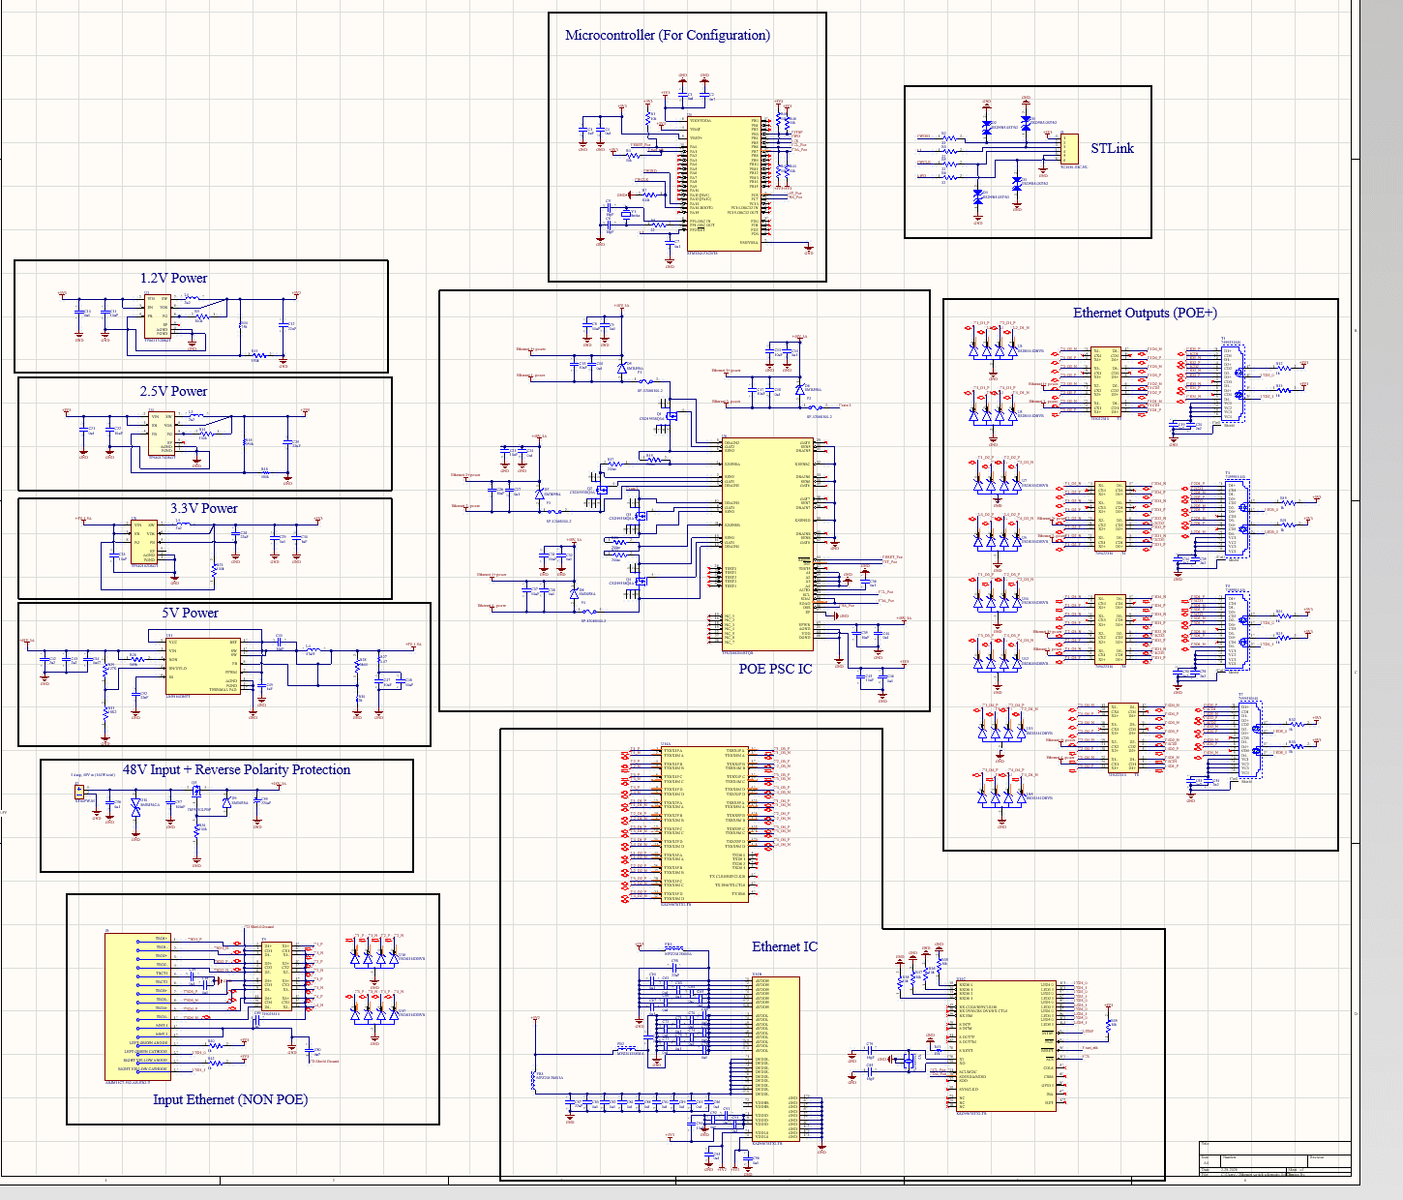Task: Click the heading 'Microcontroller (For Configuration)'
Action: tap(667, 35)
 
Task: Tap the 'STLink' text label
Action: tap(1112, 148)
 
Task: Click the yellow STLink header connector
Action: tap(1068, 149)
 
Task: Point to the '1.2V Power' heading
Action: tap(173, 278)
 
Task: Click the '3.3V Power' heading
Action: tap(203, 508)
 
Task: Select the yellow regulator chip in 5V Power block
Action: tap(202, 665)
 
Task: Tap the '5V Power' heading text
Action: tap(190, 613)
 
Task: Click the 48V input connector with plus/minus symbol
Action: tap(79, 792)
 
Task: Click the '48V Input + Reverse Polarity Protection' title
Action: tap(236, 769)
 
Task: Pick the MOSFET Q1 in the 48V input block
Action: tap(196, 791)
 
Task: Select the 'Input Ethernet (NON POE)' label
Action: tap(230, 1099)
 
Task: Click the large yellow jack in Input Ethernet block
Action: tap(137, 1006)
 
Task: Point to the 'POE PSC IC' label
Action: tap(775, 669)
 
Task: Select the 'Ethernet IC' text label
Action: tap(784, 946)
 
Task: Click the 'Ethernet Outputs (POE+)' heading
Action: tap(1145, 313)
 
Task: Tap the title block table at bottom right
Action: tap(1273, 1159)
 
